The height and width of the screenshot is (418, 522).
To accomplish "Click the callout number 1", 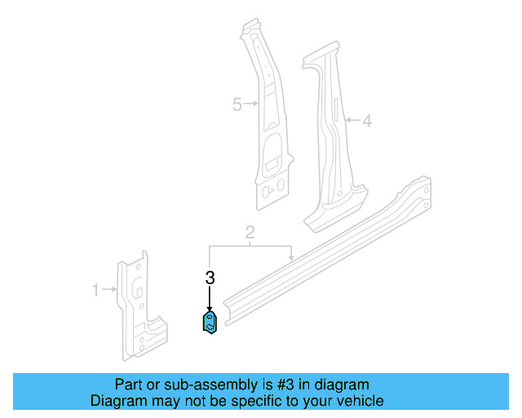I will [x=95, y=290].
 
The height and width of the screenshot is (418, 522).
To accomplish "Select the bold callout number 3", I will [x=210, y=278].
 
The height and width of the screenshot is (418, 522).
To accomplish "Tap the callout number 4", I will [x=367, y=121].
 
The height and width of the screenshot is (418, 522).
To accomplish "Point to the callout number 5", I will [x=237, y=104].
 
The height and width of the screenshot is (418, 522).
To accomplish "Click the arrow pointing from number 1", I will [x=109, y=290].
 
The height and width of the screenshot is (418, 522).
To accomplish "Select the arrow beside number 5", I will [x=251, y=104].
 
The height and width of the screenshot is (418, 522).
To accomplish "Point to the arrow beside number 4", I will [x=352, y=121].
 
